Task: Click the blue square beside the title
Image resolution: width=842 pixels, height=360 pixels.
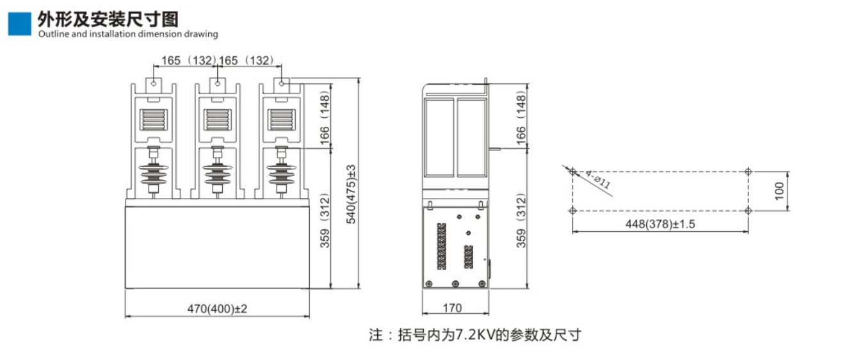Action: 19,24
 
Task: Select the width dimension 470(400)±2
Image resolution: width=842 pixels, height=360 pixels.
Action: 217,308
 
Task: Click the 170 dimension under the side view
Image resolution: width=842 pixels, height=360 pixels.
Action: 452,308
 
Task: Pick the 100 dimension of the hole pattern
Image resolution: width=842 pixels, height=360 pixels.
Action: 779,191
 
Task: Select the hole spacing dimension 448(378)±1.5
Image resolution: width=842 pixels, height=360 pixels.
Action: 660,224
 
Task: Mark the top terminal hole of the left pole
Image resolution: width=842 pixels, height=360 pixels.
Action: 154,83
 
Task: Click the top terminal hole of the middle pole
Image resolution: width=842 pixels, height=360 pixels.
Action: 218,83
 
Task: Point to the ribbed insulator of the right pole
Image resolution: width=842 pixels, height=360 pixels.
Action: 280,173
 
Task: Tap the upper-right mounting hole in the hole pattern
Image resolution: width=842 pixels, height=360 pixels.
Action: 749,171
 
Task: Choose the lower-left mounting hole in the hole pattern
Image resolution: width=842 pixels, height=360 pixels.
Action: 572,210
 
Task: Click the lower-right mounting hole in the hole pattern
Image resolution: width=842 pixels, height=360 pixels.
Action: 749,210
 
